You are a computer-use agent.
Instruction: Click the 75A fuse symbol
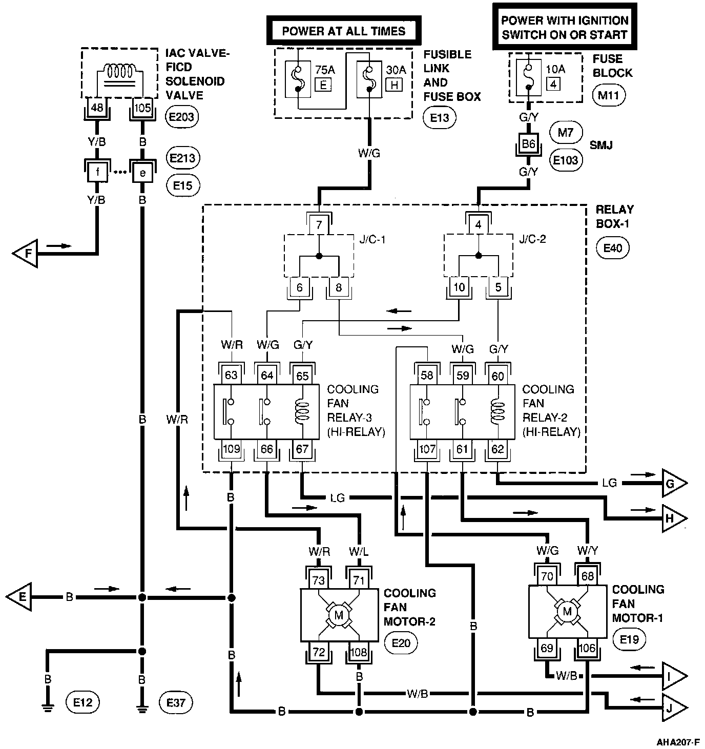point(298,79)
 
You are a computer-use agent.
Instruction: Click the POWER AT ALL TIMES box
point(344,31)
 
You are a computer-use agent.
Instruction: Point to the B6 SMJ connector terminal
point(528,144)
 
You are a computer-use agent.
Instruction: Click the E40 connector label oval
point(613,248)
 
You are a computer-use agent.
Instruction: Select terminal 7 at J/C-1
point(319,225)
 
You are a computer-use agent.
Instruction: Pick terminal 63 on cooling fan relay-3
point(231,376)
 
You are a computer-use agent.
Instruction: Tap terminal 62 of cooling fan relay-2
point(497,450)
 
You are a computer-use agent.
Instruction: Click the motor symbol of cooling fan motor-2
point(339,615)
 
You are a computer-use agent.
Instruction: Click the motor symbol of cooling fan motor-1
point(567,611)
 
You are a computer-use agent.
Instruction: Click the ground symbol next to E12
point(48,709)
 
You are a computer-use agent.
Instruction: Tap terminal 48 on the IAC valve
point(96,107)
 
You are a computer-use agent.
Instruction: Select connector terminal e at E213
point(142,173)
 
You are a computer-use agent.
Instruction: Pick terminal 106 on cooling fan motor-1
point(587,649)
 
